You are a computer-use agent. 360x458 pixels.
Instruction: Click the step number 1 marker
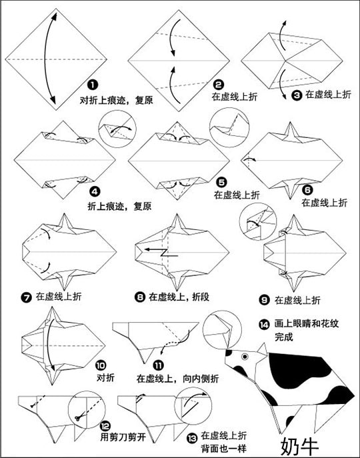pyautogui.click(x=93, y=85)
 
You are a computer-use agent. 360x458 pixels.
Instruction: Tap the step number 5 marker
pyautogui.click(x=221, y=182)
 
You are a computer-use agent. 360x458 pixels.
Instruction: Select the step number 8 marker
pyautogui.click(x=140, y=297)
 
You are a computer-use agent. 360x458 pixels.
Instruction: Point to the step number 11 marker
pyautogui.click(x=159, y=365)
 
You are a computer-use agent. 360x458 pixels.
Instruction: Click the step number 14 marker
pyautogui.click(x=264, y=325)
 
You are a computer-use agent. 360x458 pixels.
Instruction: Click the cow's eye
pyautogui.click(x=245, y=357)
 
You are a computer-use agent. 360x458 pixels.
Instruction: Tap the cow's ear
pyautogui.click(x=261, y=349)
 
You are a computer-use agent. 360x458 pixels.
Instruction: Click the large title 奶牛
pyautogui.click(x=299, y=446)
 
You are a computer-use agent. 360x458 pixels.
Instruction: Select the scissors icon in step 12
pyautogui.click(x=78, y=418)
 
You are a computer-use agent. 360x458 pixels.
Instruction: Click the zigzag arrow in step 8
pyautogui.click(x=161, y=253)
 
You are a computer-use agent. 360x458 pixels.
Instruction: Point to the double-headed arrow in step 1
pyautogui.click(x=50, y=59)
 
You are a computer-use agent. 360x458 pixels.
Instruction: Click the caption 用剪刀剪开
pyautogui.click(x=123, y=437)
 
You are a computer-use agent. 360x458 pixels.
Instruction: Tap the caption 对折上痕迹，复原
pyautogui.click(x=116, y=100)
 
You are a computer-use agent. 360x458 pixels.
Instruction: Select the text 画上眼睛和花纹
pyautogui.click(x=307, y=323)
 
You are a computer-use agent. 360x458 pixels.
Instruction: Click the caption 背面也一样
pyautogui.click(x=224, y=448)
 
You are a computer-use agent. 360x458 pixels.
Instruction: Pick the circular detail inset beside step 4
pyautogui.click(x=117, y=129)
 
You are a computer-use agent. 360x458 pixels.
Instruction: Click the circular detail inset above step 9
pyautogui.click(x=258, y=222)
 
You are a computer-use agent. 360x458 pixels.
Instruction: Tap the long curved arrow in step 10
pyautogui.click(x=49, y=345)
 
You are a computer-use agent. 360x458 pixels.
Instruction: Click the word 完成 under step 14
pyautogui.click(x=283, y=337)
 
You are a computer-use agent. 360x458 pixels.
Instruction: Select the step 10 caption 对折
pyautogui.click(x=105, y=377)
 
